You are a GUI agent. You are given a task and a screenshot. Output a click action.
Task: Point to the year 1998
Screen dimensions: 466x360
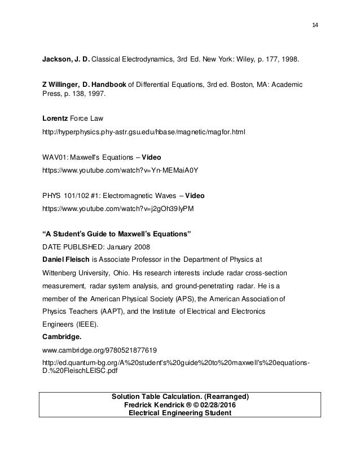[x=314, y=58]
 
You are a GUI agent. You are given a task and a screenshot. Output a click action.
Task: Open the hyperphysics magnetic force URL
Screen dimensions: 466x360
[x=144, y=131]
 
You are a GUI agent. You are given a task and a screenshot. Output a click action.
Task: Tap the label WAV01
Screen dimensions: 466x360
[x=53, y=157]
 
